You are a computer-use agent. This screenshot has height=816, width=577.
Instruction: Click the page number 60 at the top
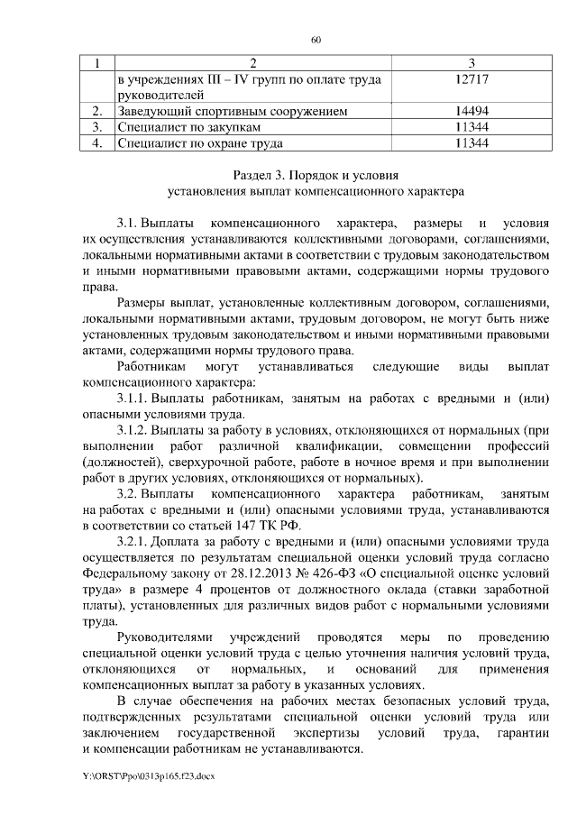pyautogui.click(x=316, y=39)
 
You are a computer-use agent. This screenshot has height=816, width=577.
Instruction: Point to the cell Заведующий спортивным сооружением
pyautogui.click(x=227, y=111)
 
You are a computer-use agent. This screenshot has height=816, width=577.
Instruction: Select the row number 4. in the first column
pyautogui.click(x=99, y=142)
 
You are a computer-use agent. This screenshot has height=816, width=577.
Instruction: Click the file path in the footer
pyautogui.click(x=147, y=775)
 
